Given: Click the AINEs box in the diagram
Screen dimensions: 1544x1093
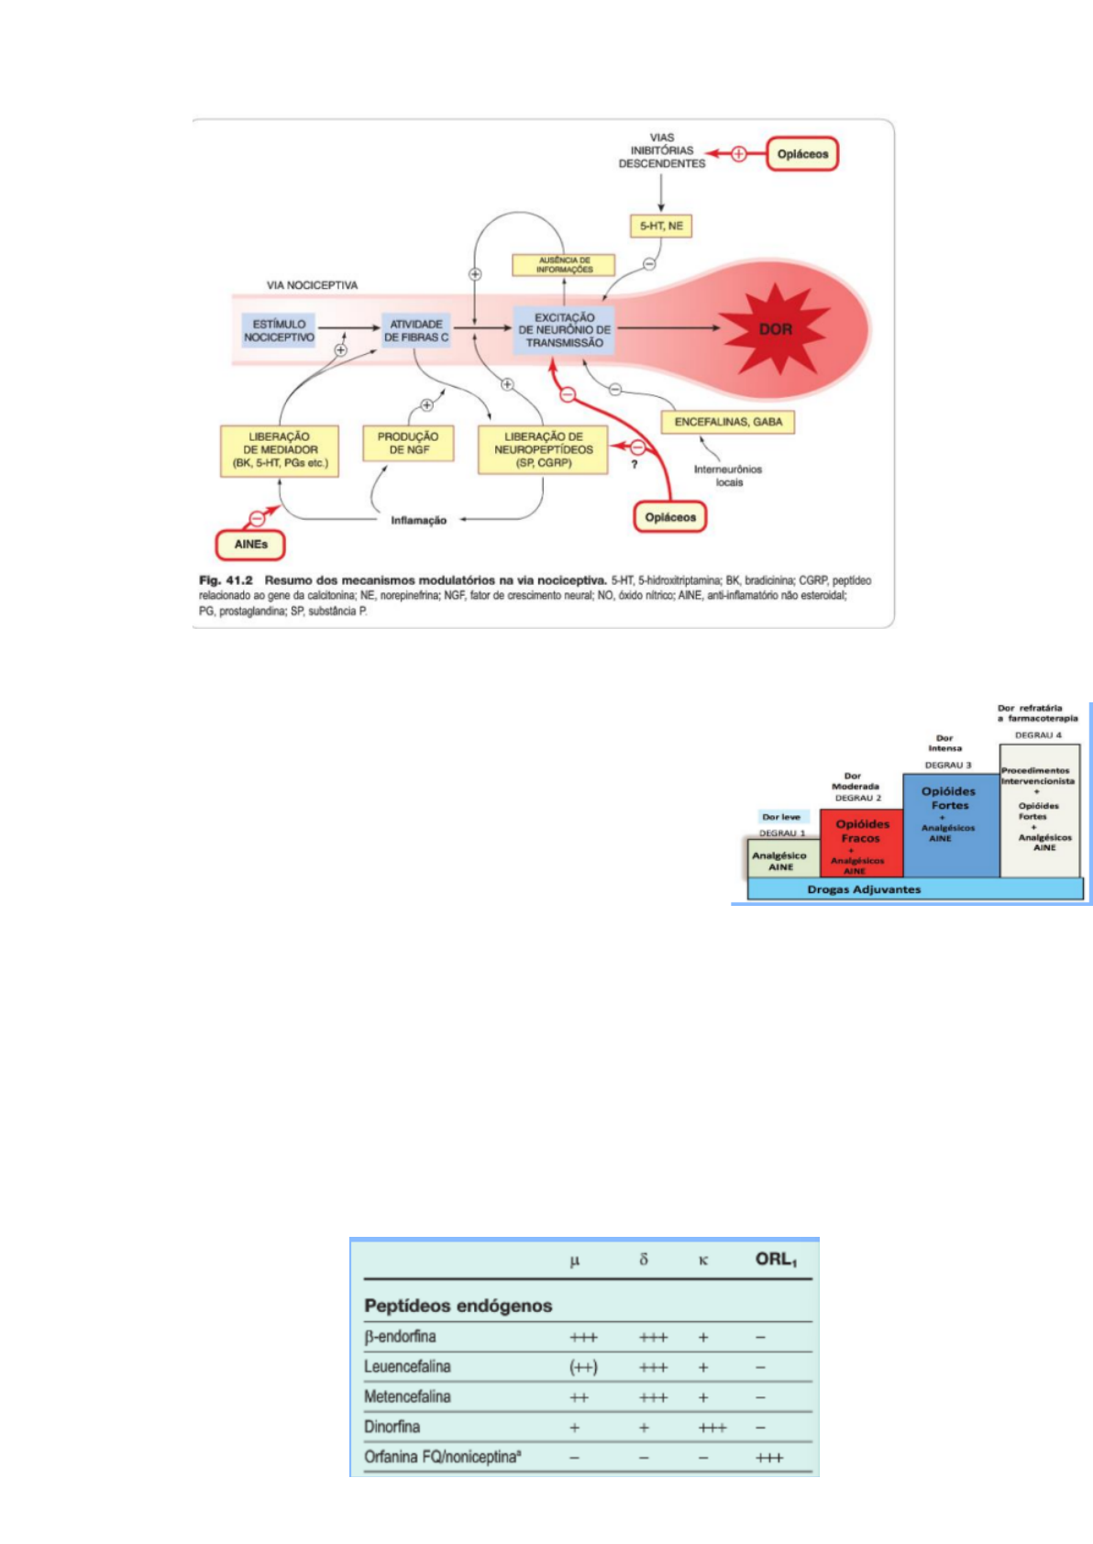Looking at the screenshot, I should pos(250,544).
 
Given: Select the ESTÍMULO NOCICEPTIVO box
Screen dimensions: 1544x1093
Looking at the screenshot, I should pos(279,330).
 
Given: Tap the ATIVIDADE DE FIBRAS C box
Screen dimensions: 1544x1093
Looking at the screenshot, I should pos(416,330).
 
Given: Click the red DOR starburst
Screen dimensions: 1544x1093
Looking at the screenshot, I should pos(775,328).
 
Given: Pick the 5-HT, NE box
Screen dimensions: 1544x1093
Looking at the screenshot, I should pos(661,226).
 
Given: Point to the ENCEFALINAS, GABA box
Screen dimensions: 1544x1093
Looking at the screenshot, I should pos(728,422).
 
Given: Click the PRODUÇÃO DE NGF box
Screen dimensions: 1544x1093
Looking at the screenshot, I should pos(408,444).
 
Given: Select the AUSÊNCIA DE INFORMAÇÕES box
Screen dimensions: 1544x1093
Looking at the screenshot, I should pos(564,265).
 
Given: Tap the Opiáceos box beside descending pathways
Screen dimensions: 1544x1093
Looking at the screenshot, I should pos(802,154).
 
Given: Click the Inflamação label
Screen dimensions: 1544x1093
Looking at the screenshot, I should pos(418,520).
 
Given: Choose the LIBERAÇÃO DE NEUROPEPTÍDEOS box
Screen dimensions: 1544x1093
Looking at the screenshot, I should pos(543,449).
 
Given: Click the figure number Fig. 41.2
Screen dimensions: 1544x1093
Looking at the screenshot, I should pos(226,580).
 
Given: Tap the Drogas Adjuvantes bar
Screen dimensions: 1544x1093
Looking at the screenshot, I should pos(864,889).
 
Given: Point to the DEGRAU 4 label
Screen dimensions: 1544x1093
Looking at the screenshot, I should pos(1038,735).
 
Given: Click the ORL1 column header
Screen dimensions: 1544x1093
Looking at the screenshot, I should pos(776,1260).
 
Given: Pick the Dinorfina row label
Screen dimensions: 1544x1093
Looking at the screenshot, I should pos(392,1427).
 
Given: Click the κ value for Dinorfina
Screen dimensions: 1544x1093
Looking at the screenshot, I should pos(712,1428).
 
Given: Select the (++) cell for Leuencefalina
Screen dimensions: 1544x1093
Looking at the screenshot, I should pos(583,1367).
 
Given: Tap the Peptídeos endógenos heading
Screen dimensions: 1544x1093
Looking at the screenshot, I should pos(458,1306).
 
